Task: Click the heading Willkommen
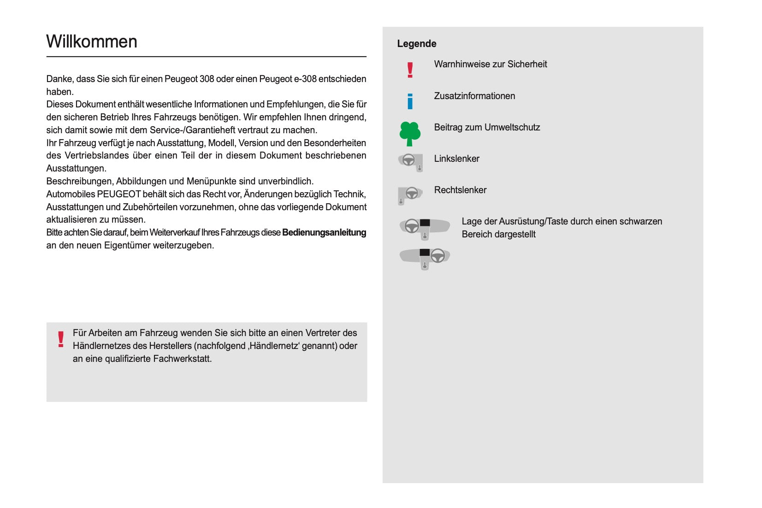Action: coord(92,41)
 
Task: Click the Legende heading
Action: coord(416,44)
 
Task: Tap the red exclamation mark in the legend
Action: coord(410,70)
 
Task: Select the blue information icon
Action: coord(410,101)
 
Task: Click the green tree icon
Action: coord(410,134)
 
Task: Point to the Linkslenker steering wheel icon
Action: coord(410,162)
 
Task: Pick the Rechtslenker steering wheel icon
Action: coord(410,195)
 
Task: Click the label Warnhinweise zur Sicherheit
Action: coord(490,64)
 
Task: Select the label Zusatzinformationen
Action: coord(474,96)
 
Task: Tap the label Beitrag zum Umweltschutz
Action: coord(487,127)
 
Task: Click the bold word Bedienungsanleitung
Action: coord(324,232)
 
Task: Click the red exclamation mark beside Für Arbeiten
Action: coord(61,339)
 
